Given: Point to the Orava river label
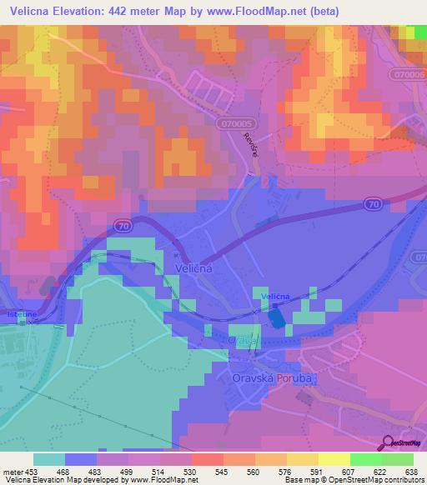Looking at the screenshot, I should pyautogui.click(x=245, y=342).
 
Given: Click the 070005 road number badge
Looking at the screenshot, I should pyautogui.click(x=237, y=122).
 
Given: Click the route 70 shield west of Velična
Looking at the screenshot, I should pyautogui.click(x=123, y=226).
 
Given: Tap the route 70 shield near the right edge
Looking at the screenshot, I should pyautogui.click(x=373, y=202).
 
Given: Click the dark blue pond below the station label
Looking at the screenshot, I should pyautogui.click(x=277, y=317).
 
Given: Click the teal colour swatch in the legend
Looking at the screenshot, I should pyautogui.click(x=49, y=459).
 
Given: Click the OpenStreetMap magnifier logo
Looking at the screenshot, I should pyautogui.click(x=389, y=442).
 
